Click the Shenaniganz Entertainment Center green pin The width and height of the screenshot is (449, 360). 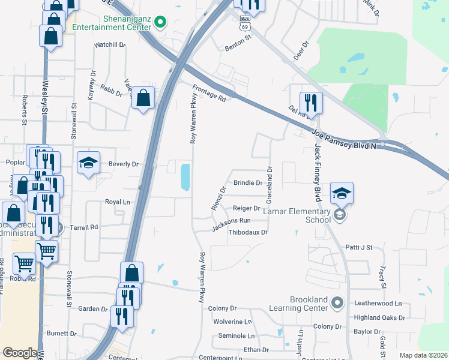pyautogui.click(x=160, y=23)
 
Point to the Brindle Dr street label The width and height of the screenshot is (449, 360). pyautogui.click(x=248, y=182)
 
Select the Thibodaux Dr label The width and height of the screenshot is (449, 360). pyautogui.click(x=247, y=232)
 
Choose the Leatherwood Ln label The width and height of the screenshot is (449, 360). pyautogui.click(x=377, y=304)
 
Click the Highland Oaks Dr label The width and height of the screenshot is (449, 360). pyautogui.click(x=379, y=317)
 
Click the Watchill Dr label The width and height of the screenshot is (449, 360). pyautogui.click(x=109, y=44)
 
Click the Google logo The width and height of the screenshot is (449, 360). pyautogui.click(x=19, y=353)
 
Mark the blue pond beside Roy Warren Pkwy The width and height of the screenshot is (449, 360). pyautogui.click(x=185, y=176)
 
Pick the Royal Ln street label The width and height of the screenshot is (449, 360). pyautogui.click(x=118, y=202)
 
